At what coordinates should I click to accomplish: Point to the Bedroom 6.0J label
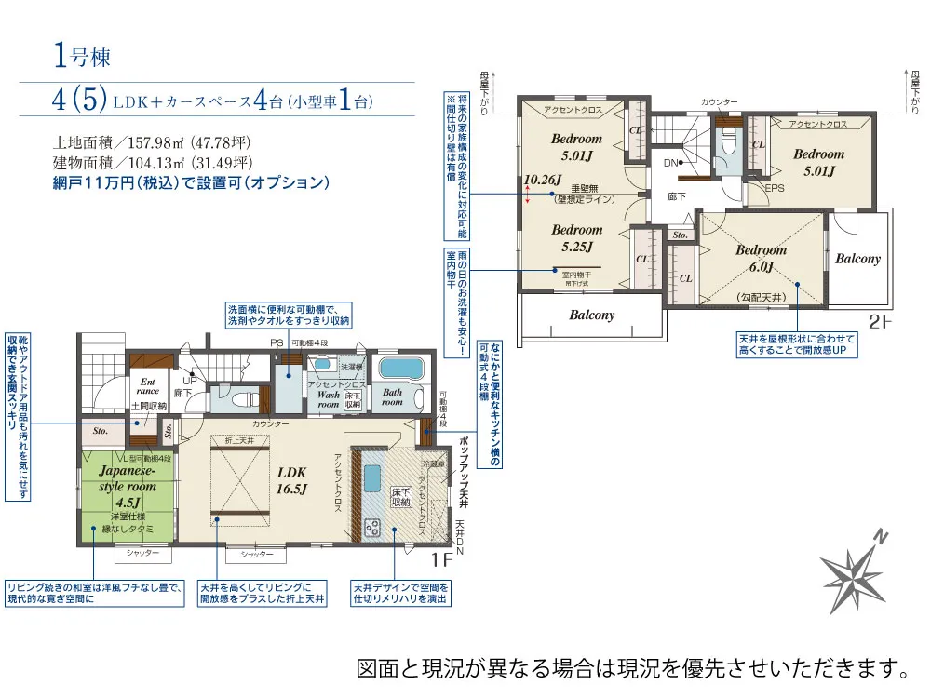pyautogui.click(x=761, y=258)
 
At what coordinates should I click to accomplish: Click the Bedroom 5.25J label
pyautogui.click(x=576, y=237)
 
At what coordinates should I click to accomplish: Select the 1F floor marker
pyautogui.click(x=441, y=559)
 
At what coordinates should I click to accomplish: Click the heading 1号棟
pyautogui.click(x=82, y=57)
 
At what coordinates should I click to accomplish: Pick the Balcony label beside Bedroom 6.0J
pyautogui.click(x=857, y=258)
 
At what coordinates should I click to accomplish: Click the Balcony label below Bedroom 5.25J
pyautogui.click(x=592, y=315)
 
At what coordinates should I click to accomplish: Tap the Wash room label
pyautogui.click(x=329, y=399)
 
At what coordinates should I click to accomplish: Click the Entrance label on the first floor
pyautogui.click(x=148, y=386)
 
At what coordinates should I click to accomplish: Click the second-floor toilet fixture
pyautogui.click(x=728, y=144)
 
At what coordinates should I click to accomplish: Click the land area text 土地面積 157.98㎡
pyautogui.click(x=152, y=143)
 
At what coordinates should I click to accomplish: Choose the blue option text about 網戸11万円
pyautogui.click(x=192, y=182)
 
